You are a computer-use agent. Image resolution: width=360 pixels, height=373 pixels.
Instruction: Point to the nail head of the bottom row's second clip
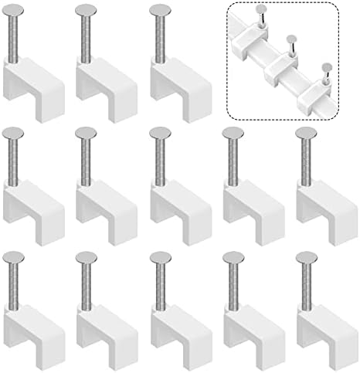tap(87, 256)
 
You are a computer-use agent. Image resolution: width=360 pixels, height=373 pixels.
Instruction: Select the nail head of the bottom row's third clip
tap(161, 256)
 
